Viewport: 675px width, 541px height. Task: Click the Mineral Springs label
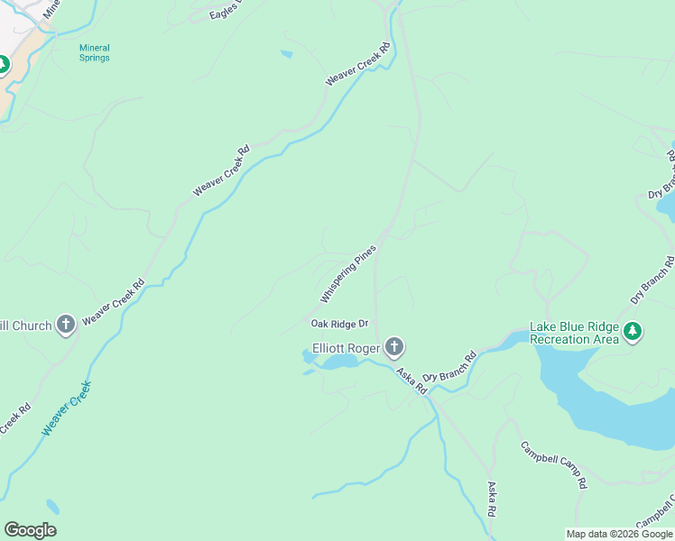[94, 52]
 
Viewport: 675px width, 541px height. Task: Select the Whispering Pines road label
[347, 273]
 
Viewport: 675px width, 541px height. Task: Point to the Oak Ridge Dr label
[340, 324]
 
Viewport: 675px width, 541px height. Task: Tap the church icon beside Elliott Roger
[393, 346]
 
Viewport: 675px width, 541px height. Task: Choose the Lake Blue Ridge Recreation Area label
[574, 333]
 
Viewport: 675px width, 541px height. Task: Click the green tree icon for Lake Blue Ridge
[633, 333]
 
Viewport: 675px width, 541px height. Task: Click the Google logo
[30, 530]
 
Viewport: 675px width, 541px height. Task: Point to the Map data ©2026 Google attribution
[619, 534]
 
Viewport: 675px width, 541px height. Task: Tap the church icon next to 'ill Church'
[65, 324]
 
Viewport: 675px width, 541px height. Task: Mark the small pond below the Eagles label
[286, 54]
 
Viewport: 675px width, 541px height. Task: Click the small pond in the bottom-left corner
[53, 507]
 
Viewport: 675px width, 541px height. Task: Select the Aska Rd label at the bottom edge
[493, 499]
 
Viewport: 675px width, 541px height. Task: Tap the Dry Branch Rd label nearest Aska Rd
[449, 365]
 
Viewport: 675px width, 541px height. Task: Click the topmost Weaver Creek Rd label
[359, 64]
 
